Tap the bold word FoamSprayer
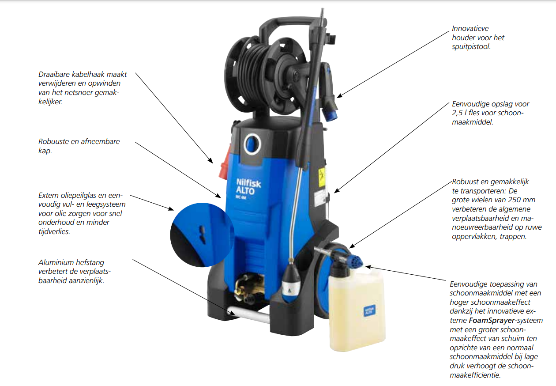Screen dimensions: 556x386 (492, 321)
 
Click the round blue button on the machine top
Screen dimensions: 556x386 (252, 144)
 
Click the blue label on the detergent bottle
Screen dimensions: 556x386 (369, 311)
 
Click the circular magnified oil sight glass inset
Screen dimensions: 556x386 (202, 235)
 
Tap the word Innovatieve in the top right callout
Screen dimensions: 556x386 (470, 29)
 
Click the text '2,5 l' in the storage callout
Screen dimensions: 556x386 (459, 113)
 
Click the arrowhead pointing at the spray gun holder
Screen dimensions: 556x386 (340, 96)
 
